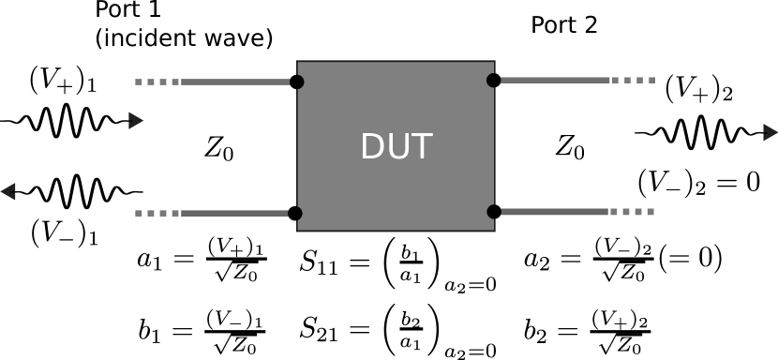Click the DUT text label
pos(396,147)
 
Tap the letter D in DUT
pos(372,147)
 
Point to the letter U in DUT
pos(396,147)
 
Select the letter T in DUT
pos(420,147)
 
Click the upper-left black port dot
pos(296,82)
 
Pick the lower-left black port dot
pos(295,213)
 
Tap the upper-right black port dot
pos(494,80)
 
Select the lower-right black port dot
pos(494,211)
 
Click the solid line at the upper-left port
pos(234,82)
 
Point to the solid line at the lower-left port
pos(234,213)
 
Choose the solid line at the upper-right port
pos(555,80)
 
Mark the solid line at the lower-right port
pos(555,211)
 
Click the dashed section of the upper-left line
pos(157,82)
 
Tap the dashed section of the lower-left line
pos(157,213)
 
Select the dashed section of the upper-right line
pos(634,80)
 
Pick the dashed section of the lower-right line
pos(633,211)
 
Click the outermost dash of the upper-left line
pos(139,82)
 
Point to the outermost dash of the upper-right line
pos(651,80)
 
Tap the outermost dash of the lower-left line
pos(139,213)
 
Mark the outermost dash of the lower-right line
pos(651,211)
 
